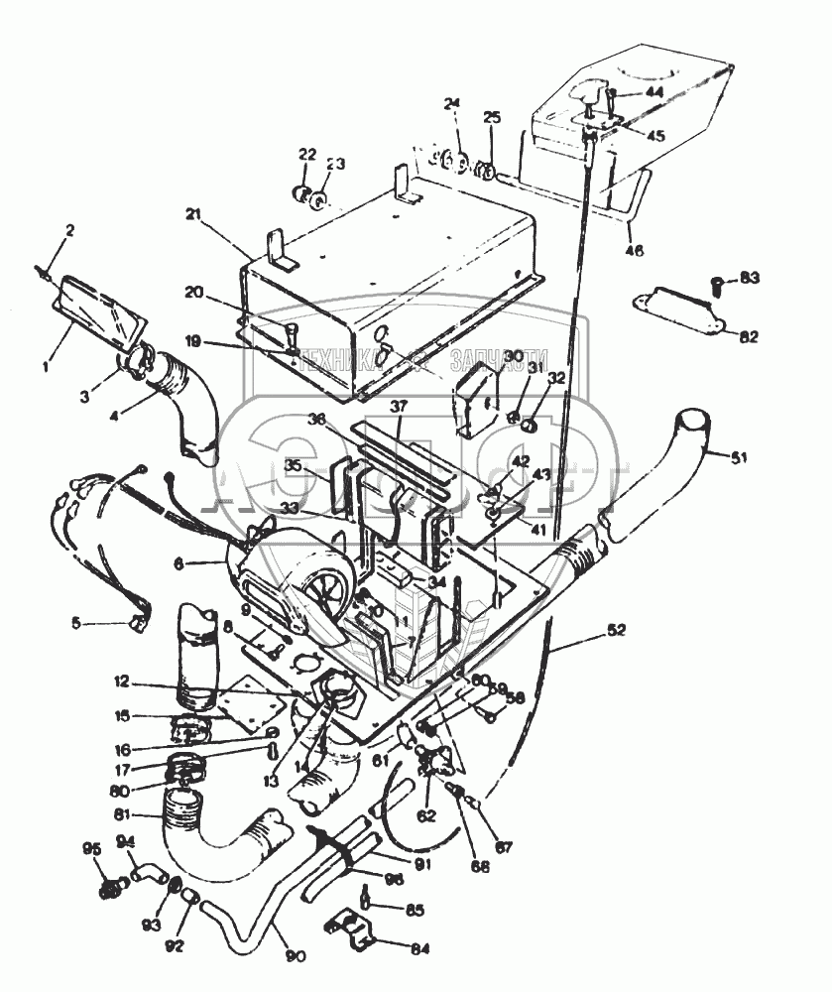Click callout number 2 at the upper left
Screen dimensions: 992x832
coord(69,231)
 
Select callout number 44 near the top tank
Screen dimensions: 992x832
coord(655,91)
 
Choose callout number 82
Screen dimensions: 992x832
coord(748,336)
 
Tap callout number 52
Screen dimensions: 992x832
coord(617,631)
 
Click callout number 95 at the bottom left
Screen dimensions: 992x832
coord(92,848)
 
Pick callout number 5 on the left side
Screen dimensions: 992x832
coord(75,624)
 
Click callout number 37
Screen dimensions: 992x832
coord(399,405)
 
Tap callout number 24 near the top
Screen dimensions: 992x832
coord(452,103)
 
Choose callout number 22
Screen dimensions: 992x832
coord(307,155)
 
